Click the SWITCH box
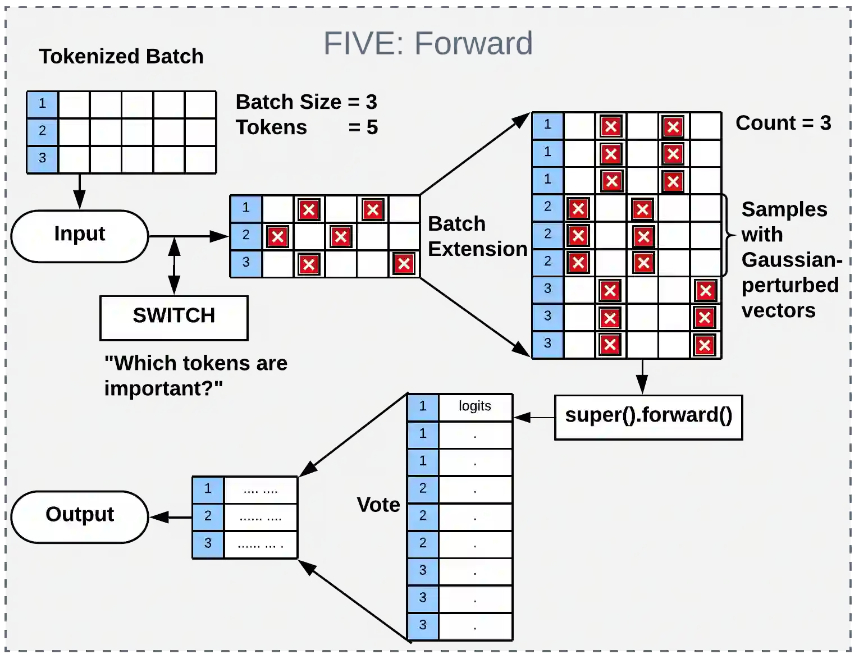173,318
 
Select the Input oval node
80,236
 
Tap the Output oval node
80,516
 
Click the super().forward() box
648,417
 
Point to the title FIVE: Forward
428,43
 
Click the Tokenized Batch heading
121,57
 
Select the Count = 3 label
783,123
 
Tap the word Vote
378,505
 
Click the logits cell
475,406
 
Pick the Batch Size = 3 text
306,102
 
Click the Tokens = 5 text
306,128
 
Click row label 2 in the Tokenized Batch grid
43,131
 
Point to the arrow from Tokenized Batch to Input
80,191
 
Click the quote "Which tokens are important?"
195,376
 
